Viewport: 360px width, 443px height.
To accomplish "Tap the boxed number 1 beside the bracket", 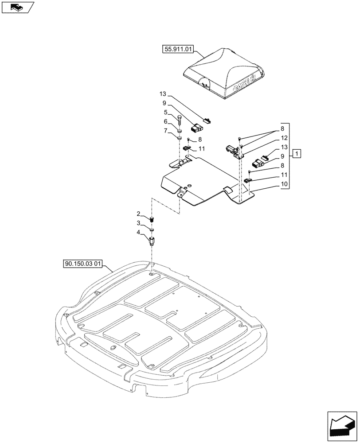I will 297,154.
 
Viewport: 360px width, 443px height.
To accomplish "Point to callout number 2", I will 138,214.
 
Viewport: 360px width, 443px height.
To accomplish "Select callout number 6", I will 165,121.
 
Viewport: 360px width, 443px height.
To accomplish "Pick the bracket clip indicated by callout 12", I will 235,151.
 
